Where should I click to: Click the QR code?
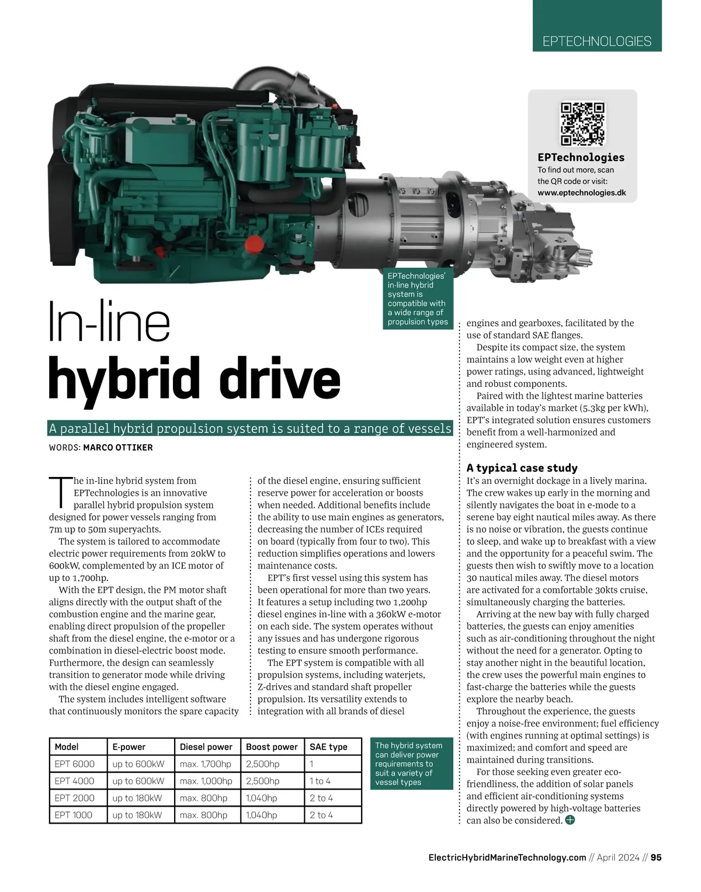click(x=582, y=123)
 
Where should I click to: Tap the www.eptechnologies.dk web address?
click(x=581, y=193)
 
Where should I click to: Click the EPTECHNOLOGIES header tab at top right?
click(x=596, y=42)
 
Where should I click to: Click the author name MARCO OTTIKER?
click(x=118, y=448)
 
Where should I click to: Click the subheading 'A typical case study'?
click(x=522, y=468)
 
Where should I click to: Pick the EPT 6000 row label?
click(x=74, y=764)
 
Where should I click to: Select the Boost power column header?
click(x=272, y=747)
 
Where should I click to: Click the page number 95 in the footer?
click(x=656, y=858)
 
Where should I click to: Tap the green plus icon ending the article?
click(x=570, y=820)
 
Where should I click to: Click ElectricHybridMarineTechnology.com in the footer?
click(x=507, y=858)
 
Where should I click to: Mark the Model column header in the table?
click(x=67, y=747)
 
